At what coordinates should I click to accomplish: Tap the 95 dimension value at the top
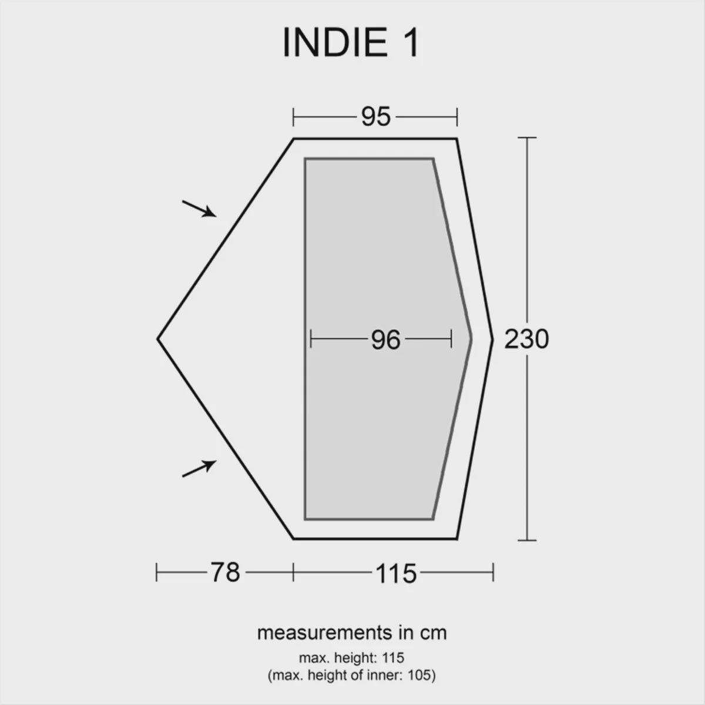tap(375, 117)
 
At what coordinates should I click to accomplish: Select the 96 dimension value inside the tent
tap(385, 340)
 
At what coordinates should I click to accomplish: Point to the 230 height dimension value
tap(526, 339)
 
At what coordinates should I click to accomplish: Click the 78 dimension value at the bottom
tap(226, 572)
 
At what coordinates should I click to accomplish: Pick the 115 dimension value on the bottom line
tap(394, 572)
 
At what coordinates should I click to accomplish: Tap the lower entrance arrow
tap(198, 468)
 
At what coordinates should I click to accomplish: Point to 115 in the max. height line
tap(392, 657)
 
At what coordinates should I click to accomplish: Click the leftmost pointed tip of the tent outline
tap(158, 339)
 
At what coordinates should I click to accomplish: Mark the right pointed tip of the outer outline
tap(492, 339)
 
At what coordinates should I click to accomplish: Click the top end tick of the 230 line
tap(527, 137)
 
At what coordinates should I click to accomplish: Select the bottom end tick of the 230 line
tap(527, 539)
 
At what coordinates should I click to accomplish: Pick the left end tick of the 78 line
tap(157, 572)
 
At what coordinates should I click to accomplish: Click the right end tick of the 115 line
tap(493, 572)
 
